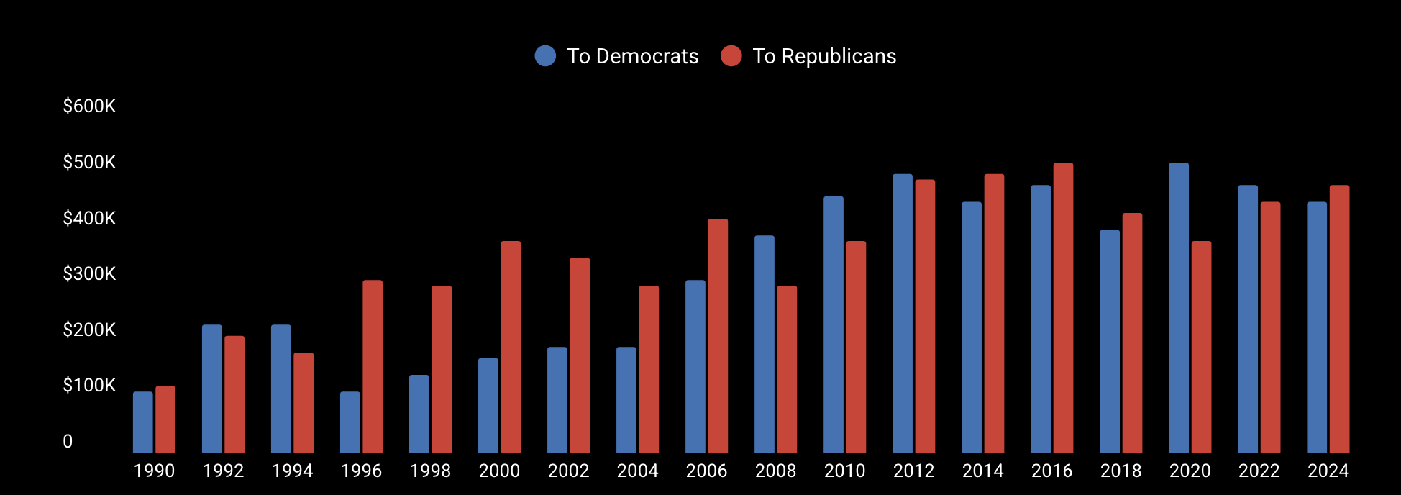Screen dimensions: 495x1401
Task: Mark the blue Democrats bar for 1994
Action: pyautogui.click(x=280, y=389)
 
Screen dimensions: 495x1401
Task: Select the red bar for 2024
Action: pyautogui.click(x=1339, y=319)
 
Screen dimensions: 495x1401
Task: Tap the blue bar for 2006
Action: pyautogui.click(x=695, y=366)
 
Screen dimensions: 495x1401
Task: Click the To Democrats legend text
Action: pyautogui.click(x=632, y=56)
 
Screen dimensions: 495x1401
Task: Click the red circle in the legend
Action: pyautogui.click(x=731, y=56)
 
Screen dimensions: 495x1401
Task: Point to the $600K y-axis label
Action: pyautogui.click(x=89, y=106)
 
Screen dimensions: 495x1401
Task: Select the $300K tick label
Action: pyautogui.click(x=89, y=274)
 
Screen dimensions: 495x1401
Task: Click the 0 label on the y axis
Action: pyautogui.click(x=68, y=442)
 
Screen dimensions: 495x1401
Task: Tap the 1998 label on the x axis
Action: pyautogui.click(x=430, y=471)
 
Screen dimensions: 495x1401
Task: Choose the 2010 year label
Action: pyautogui.click(x=844, y=471)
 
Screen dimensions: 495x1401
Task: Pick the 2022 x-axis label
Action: pyautogui.click(x=1259, y=471)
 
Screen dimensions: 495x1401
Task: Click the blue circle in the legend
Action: pyautogui.click(x=545, y=56)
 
